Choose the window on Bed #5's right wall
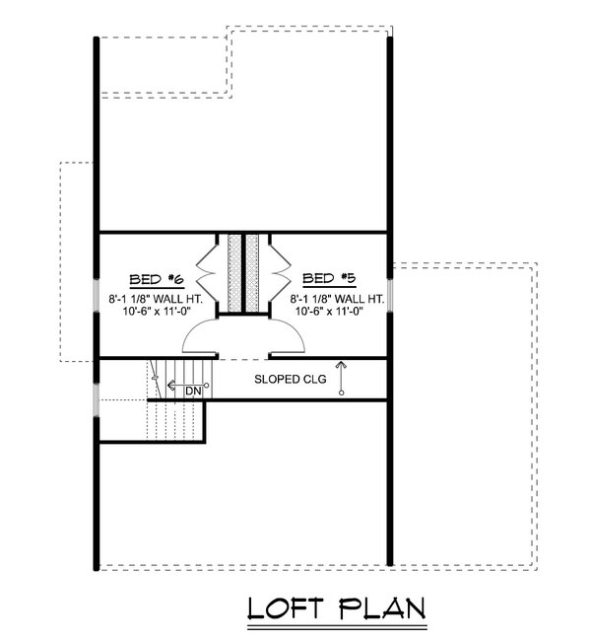392,294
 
